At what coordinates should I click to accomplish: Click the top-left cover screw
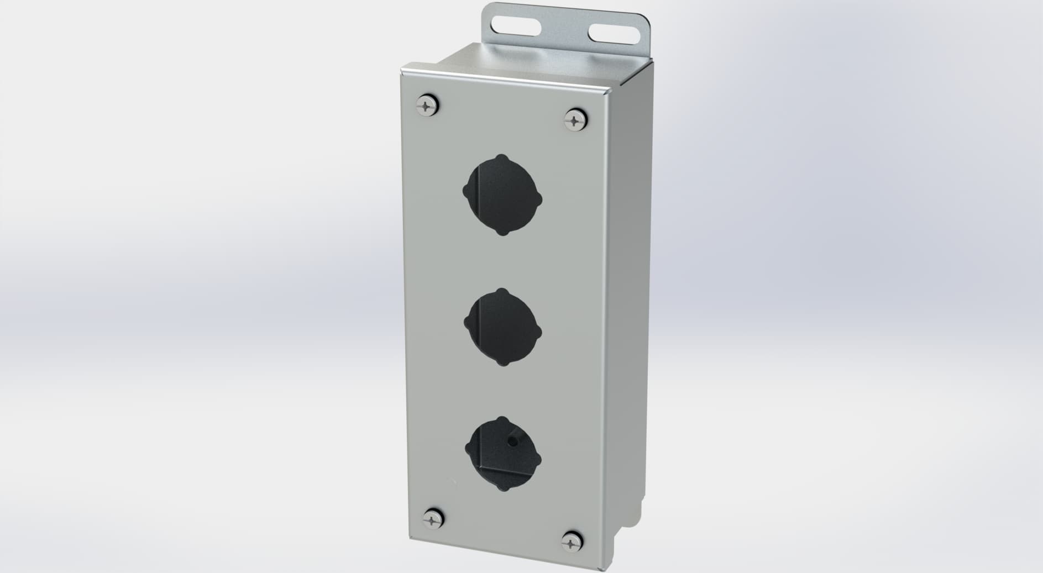(428, 104)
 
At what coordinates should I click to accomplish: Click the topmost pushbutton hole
(502, 194)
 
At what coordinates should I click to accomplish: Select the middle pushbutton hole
(502, 327)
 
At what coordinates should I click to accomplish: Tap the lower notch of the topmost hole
(502, 232)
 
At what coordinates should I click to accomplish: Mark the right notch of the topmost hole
(539, 198)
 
